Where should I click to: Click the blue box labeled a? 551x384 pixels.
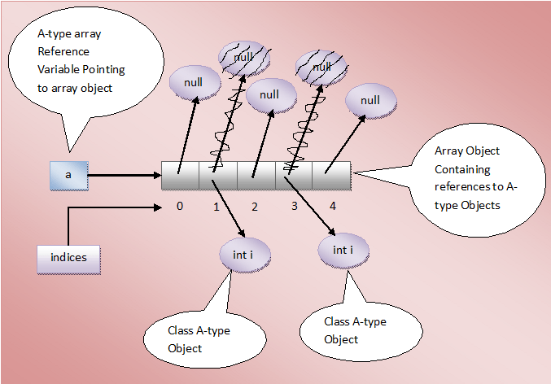(x=68, y=175)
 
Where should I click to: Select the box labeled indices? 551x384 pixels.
(x=68, y=258)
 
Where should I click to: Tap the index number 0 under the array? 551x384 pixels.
(x=179, y=206)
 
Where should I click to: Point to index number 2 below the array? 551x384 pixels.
(x=254, y=207)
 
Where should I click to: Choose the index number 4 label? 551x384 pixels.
(x=332, y=206)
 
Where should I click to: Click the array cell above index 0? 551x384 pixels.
(x=180, y=175)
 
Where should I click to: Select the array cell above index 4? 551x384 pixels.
(x=332, y=175)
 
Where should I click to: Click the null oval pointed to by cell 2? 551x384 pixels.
(x=269, y=95)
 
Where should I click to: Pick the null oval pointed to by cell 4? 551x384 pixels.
(x=370, y=101)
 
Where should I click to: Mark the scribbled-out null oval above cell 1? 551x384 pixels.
(x=243, y=59)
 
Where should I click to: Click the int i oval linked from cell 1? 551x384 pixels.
(x=245, y=255)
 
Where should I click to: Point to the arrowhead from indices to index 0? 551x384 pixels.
(x=160, y=207)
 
